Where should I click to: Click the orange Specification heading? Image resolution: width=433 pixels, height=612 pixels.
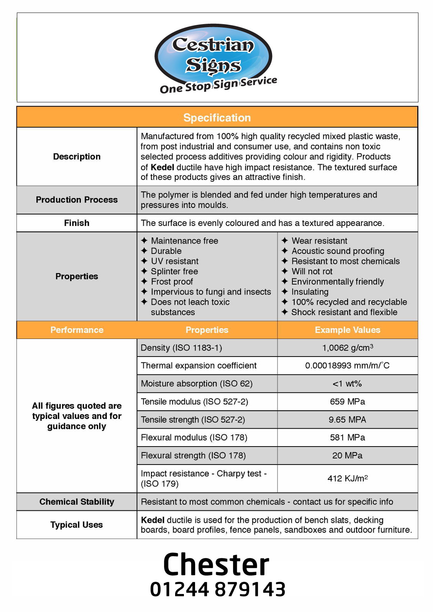click(x=217, y=118)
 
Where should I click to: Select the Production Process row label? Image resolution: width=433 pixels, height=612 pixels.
click(x=77, y=200)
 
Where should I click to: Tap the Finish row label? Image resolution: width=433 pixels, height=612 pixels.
click(x=77, y=223)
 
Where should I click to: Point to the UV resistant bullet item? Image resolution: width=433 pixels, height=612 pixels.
click(x=174, y=261)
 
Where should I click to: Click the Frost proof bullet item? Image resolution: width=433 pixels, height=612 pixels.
click(x=172, y=281)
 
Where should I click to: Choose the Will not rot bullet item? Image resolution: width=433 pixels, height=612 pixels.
click(x=312, y=272)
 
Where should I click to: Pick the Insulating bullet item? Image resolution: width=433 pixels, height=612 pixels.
click(x=310, y=292)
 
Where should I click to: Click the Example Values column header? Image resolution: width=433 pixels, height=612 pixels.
click(x=348, y=330)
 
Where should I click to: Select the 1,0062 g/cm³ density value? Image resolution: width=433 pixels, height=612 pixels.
click(x=348, y=348)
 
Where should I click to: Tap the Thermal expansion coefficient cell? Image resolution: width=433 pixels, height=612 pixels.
click(x=198, y=366)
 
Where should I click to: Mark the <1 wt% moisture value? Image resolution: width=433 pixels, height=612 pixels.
click(x=347, y=384)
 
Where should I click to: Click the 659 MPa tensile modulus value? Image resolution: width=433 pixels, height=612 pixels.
click(x=348, y=402)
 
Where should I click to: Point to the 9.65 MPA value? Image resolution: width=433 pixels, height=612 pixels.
click(x=348, y=420)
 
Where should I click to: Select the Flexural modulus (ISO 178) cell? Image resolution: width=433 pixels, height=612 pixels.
click(x=194, y=437)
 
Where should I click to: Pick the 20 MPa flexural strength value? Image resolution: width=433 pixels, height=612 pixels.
click(x=348, y=455)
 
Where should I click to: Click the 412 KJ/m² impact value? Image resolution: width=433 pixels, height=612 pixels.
click(x=348, y=478)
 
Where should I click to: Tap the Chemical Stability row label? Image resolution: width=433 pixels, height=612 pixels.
click(x=77, y=502)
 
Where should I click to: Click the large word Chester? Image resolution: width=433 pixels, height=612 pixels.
click(x=216, y=565)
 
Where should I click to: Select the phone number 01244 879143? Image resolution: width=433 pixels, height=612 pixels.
click(x=218, y=589)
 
